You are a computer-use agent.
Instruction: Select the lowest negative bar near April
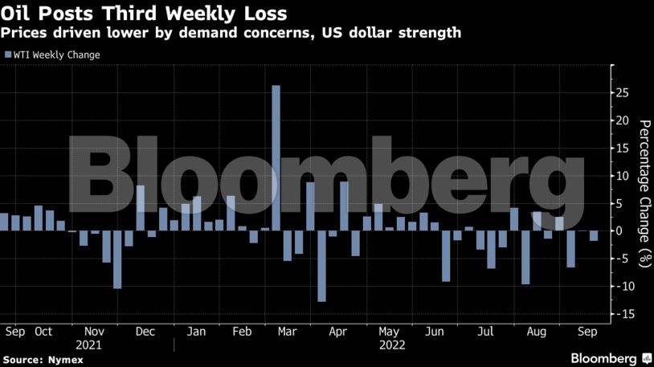click(x=321, y=266)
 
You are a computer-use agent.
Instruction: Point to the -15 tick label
click(x=620, y=314)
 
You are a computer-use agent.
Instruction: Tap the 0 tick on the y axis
click(x=623, y=231)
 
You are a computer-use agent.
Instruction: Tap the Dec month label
click(x=145, y=331)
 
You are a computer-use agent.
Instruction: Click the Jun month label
click(x=435, y=331)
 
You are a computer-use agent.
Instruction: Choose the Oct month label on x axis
click(x=43, y=331)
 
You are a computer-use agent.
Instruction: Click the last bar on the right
click(x=594, y=236)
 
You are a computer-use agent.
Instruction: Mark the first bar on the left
click(x=4, y=222)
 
